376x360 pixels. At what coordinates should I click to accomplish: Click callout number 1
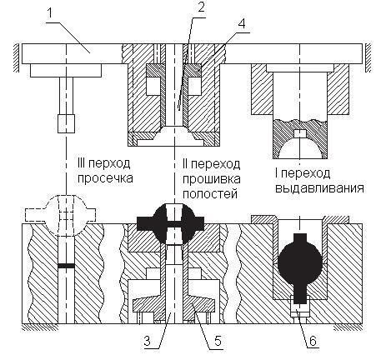(50, 12)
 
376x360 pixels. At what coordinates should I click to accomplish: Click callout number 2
(201, 7)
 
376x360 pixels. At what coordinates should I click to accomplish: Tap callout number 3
(147, 341)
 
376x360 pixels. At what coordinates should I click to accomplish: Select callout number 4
(242, 23)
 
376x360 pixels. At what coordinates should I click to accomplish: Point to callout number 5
(218, 341)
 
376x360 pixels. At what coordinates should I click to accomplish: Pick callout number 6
(313, 341)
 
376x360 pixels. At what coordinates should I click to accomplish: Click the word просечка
(105, 178)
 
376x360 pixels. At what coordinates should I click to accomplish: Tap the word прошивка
(212, 178)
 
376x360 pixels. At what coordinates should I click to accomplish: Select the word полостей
(210, 193)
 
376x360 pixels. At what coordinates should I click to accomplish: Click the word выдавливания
(319, 188)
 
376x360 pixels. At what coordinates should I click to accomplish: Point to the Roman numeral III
(81, 162)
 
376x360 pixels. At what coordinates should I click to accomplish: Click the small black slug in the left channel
(67, 266)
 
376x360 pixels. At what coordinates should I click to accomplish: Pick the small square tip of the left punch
(66, 123)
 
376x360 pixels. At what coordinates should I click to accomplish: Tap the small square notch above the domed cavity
(300, 133)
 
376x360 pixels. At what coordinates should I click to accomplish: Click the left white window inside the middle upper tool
(153, 86)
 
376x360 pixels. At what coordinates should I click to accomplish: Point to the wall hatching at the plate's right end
(368, 57)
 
